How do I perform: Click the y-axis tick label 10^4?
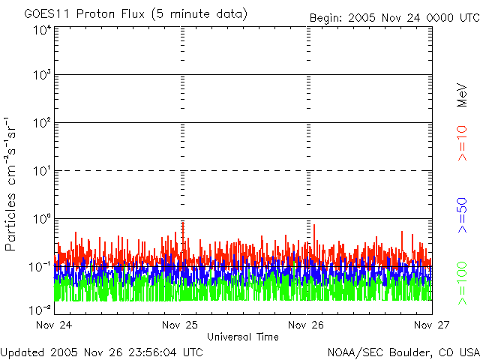(x=41, y=30)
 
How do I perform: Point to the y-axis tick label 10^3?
(x=41, y=76)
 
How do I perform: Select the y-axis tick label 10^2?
(x=41, y=123)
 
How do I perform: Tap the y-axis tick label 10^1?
(x=41, y=171)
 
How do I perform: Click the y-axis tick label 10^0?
(x=41, y=219)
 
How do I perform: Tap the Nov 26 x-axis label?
(x=306, y=325)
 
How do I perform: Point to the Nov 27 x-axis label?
(x=433, y=325)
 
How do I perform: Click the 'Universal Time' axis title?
(x=242, y=337)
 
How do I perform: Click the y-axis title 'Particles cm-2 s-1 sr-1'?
(x=12, y=184)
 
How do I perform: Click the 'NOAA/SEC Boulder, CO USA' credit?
(x=403, y=352)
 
